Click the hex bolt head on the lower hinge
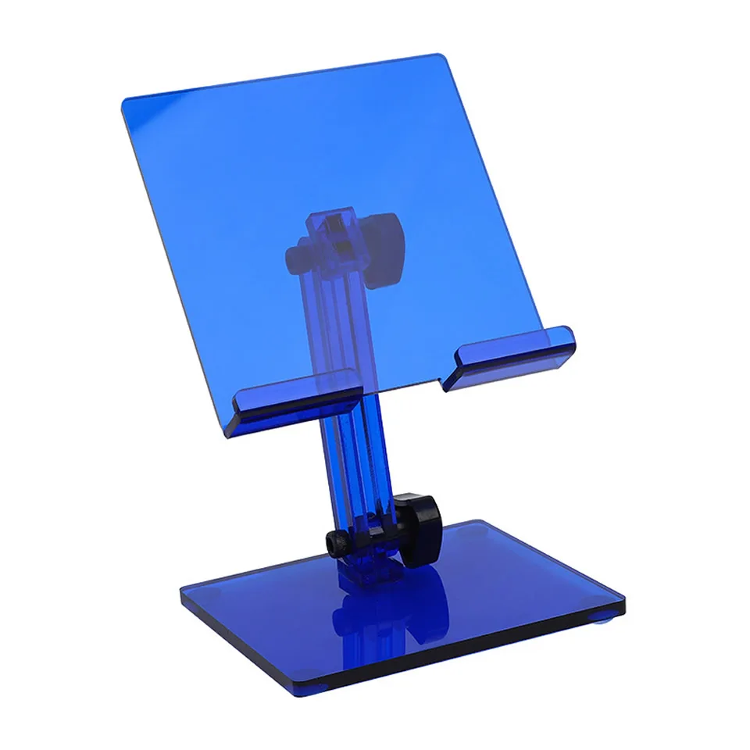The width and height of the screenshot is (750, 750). pos(336,542)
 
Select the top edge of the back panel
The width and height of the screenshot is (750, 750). pos(281,79)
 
